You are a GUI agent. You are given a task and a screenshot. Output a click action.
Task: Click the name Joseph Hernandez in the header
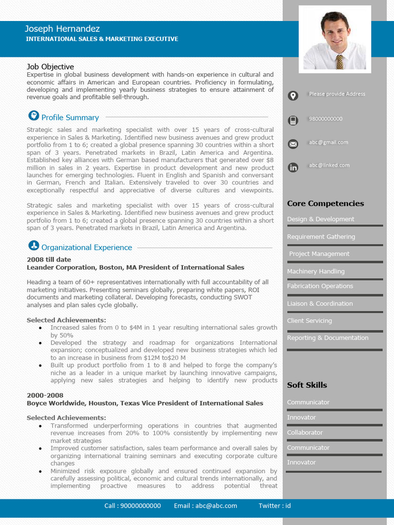click(62, 29)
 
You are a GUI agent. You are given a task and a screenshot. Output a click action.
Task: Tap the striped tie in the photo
click(339, 62)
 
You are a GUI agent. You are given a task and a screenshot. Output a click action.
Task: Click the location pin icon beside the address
click(293, 95)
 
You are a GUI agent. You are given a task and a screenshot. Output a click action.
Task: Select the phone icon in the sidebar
click(293, 120)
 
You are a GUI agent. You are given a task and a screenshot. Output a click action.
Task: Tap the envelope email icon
click(293, 144)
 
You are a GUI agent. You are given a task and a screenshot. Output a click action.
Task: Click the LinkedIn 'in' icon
click(293, 167)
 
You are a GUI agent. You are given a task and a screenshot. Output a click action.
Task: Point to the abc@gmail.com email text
click(328, 143)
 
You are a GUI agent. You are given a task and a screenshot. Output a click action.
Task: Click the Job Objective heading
click(50, 67)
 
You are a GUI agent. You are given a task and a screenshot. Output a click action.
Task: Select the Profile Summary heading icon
click(33, 115)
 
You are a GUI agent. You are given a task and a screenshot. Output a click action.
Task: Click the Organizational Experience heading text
click(87, 247)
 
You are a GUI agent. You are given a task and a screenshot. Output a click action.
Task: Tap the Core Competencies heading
click(325, 204)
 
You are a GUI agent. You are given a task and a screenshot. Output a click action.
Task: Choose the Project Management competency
click(319, 254)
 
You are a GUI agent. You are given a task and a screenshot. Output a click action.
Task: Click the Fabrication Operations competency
click(320, 286)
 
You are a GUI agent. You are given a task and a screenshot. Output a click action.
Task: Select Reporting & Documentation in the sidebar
click(328, 338)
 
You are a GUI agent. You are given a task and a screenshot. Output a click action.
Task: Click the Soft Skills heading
click(307, 385)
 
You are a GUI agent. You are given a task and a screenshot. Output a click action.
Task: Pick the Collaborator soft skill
click(305, 432)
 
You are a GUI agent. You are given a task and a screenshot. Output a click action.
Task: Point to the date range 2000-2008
click(45, 395)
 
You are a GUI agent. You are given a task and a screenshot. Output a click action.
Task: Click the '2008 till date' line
click(49, 259)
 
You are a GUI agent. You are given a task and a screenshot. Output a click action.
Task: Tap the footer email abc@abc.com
click(205, 506)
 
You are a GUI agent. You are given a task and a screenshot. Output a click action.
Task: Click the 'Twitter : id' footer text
click(274, 506)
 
